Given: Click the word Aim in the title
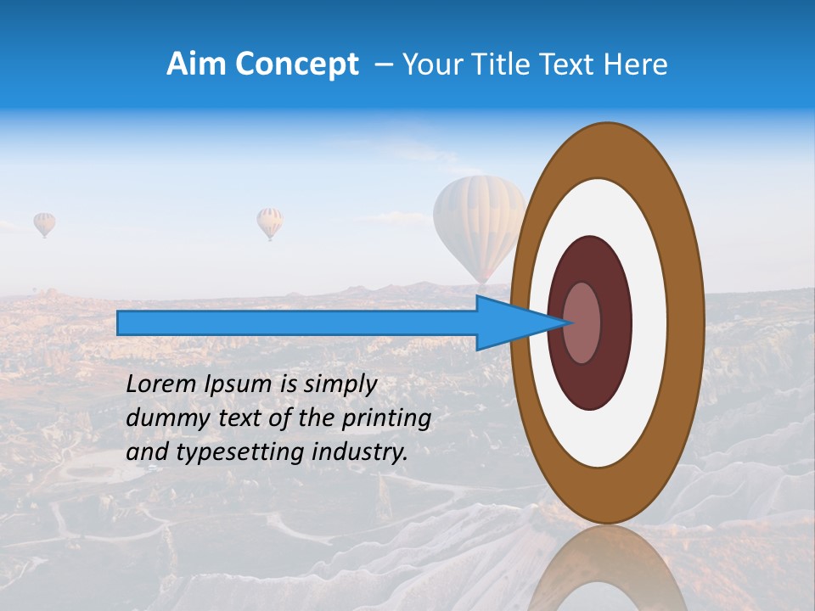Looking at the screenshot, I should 196,64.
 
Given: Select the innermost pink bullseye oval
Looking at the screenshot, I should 582,322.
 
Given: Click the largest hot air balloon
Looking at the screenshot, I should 478,221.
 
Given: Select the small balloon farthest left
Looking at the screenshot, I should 44,223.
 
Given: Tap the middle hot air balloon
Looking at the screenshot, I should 270,222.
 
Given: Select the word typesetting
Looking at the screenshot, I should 226,453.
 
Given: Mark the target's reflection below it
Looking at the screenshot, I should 608,573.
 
